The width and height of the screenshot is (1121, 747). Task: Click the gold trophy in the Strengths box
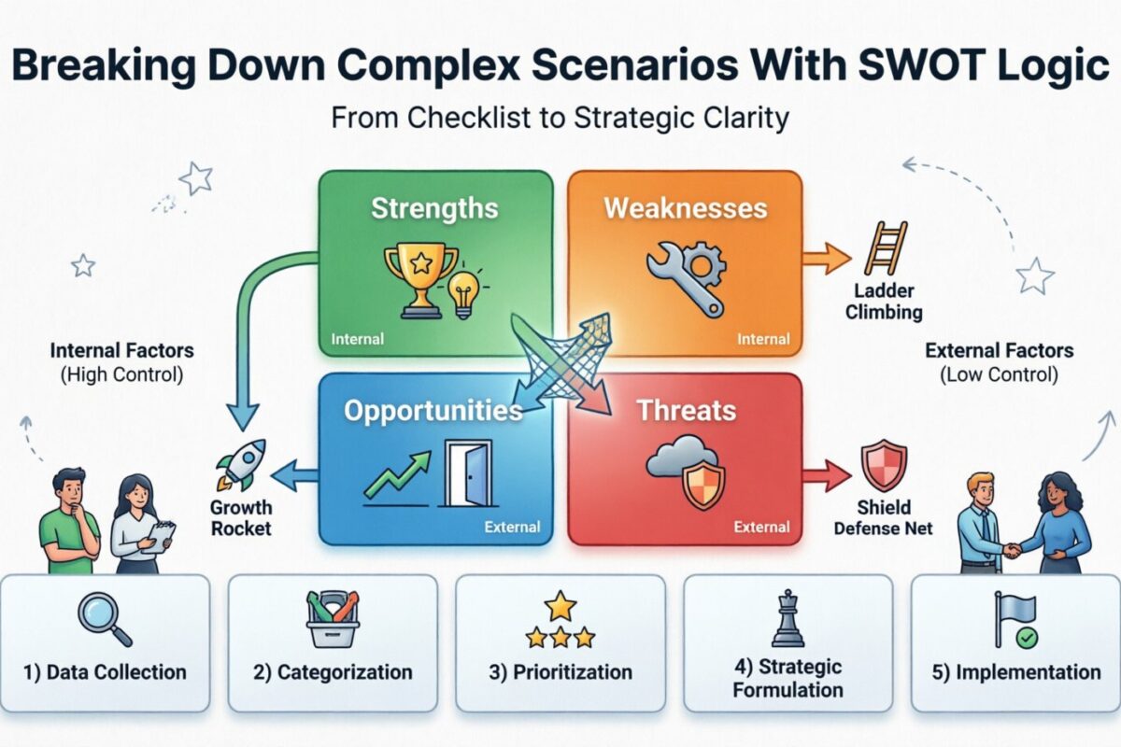coord(419,275)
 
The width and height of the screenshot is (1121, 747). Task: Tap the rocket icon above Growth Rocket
coord(241,465)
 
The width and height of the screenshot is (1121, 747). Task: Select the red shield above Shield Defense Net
coord(883,465)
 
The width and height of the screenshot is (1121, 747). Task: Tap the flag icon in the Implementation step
coord(1015,618)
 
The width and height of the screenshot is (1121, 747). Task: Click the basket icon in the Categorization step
coord(333,619)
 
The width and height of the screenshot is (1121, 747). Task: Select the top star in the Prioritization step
coord(560,606)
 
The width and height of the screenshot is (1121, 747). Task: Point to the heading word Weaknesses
coord(685,207)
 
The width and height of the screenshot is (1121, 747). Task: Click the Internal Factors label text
coord(122,351)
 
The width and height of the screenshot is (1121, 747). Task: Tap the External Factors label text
coord(999,351)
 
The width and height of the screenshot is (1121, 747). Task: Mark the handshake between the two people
coord(1012,549)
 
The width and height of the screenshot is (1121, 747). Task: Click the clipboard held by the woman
coord(160,535)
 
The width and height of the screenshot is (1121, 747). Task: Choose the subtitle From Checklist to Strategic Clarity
coord(560,119)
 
